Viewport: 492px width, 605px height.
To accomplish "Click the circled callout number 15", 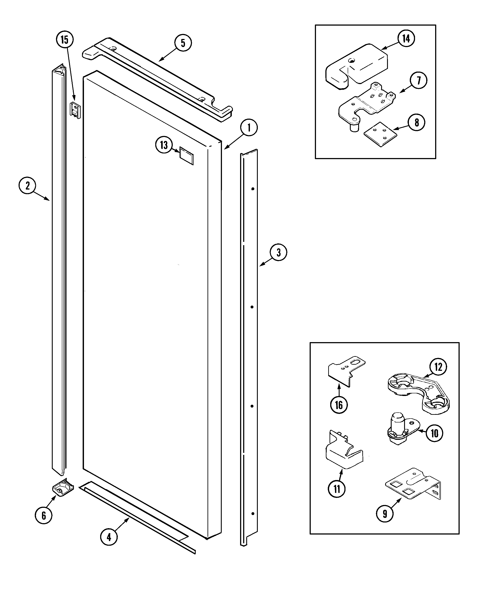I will tap(65, 40).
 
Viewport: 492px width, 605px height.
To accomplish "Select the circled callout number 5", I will tap(183, 43).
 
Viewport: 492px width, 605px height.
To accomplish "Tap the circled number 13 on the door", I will tap(164, 145).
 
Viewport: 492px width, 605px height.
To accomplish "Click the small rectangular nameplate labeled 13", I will tap(187, 156).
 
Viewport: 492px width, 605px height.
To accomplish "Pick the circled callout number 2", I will tap(28, 186).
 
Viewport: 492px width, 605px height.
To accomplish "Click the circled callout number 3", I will tap(278, 252).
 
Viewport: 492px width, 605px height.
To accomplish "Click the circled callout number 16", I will tap(339, 405).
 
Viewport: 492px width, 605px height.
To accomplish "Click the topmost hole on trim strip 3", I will tap(253, 189).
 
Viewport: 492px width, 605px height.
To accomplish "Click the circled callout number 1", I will tap(249, 128).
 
